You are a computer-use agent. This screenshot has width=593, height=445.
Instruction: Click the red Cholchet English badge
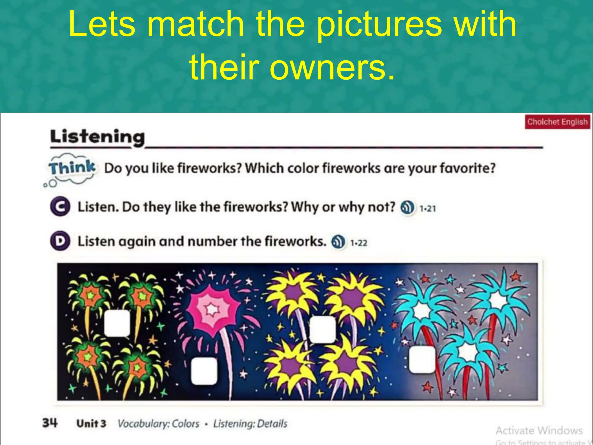tap(557, 122)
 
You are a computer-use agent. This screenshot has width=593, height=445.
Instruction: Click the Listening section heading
tap(97, 137)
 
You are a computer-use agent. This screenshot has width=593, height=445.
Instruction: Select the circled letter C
tap(60, 207)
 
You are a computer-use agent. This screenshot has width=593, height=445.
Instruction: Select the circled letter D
tap(60, 241)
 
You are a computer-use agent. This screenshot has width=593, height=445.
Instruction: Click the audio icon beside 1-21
tap(407, 207)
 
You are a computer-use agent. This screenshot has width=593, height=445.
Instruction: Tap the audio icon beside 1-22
tap(338, 242)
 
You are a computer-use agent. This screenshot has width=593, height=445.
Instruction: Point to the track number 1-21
tap(428, 208)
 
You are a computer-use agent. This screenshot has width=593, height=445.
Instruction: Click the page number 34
tap(50, 423)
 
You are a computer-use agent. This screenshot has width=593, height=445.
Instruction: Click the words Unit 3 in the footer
tap(91, 424)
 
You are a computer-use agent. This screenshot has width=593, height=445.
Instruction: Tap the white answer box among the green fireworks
tap(117, 323)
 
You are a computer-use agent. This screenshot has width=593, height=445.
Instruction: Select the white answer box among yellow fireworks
tap(323, 329)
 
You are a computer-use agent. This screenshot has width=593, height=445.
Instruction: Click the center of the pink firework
tap(212, 309)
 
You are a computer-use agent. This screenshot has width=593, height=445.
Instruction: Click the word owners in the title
tap(332, 67)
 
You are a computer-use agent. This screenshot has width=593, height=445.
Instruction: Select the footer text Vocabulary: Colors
tap(158, 424)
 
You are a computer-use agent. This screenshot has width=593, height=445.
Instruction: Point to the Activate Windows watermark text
tap(539, 431)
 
